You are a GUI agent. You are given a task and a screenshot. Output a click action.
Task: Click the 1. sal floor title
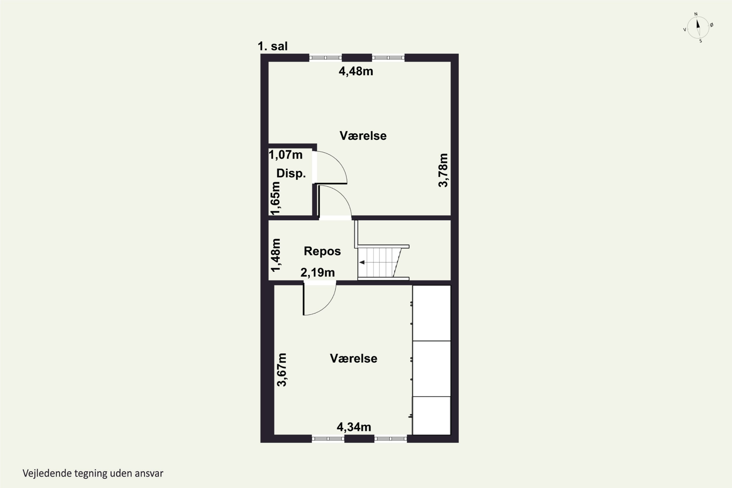pos(273,46)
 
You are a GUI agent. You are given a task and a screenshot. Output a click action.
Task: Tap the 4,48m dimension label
pos(356,71)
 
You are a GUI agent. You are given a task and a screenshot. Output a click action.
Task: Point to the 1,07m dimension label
pos(285,155)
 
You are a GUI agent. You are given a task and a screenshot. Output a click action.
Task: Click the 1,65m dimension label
pos(275,198)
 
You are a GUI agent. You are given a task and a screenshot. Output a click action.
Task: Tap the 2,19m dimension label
pos(317,273)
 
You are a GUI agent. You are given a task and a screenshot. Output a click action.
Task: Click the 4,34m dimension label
pos(354,427)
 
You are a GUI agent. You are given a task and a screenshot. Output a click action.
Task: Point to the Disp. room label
pos(291,173)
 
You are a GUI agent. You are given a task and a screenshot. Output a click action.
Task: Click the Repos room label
pos(322,251)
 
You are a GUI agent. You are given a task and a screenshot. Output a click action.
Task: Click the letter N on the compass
pos(696,14)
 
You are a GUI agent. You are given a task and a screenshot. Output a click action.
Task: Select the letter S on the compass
pos(701,41)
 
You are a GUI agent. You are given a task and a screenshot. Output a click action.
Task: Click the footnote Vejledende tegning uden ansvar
pos(93,473)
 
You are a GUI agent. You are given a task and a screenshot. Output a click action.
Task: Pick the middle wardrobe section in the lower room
pos(431,368)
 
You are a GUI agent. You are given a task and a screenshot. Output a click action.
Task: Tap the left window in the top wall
pos(325,58)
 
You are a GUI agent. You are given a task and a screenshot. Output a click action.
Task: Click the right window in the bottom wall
pos(391,438)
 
